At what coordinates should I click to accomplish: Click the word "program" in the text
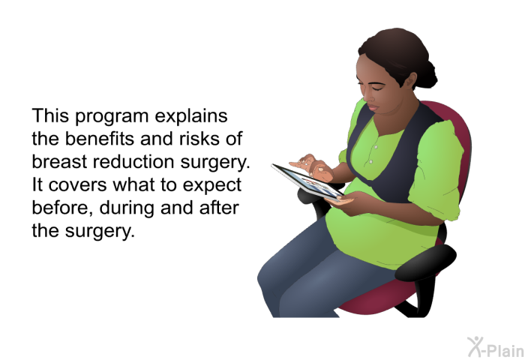tap(112, 117)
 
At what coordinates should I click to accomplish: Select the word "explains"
tap(191, 116)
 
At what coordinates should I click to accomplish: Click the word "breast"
tap(59, 161)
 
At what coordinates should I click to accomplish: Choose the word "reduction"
tap(133, 161)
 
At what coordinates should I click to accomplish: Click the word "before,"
tap(62, 208)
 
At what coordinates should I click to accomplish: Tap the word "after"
tap(219, 207)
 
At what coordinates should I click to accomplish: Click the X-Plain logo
tap(495, 347)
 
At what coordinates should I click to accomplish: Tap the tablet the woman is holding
tap(307, 181)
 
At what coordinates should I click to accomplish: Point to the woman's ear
tap(410, 81)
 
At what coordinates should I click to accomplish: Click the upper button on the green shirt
tap(376, 147)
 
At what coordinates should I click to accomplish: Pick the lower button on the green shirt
tap(370, 162)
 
